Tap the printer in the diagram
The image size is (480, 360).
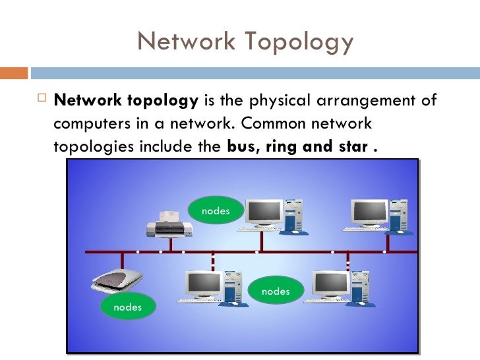click(x=169, y=224)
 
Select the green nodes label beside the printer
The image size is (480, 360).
click(x=215, y=211)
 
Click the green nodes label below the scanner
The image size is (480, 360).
click(x=127, y=307)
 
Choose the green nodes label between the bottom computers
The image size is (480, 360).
click(x=276, y=291)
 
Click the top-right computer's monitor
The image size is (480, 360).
click(x=370, y=212)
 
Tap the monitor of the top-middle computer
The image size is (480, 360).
click(x=265, y=212)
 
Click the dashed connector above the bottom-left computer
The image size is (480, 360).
click(x=212, y=262)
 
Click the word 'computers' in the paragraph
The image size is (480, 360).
click(x=87, y=124)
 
